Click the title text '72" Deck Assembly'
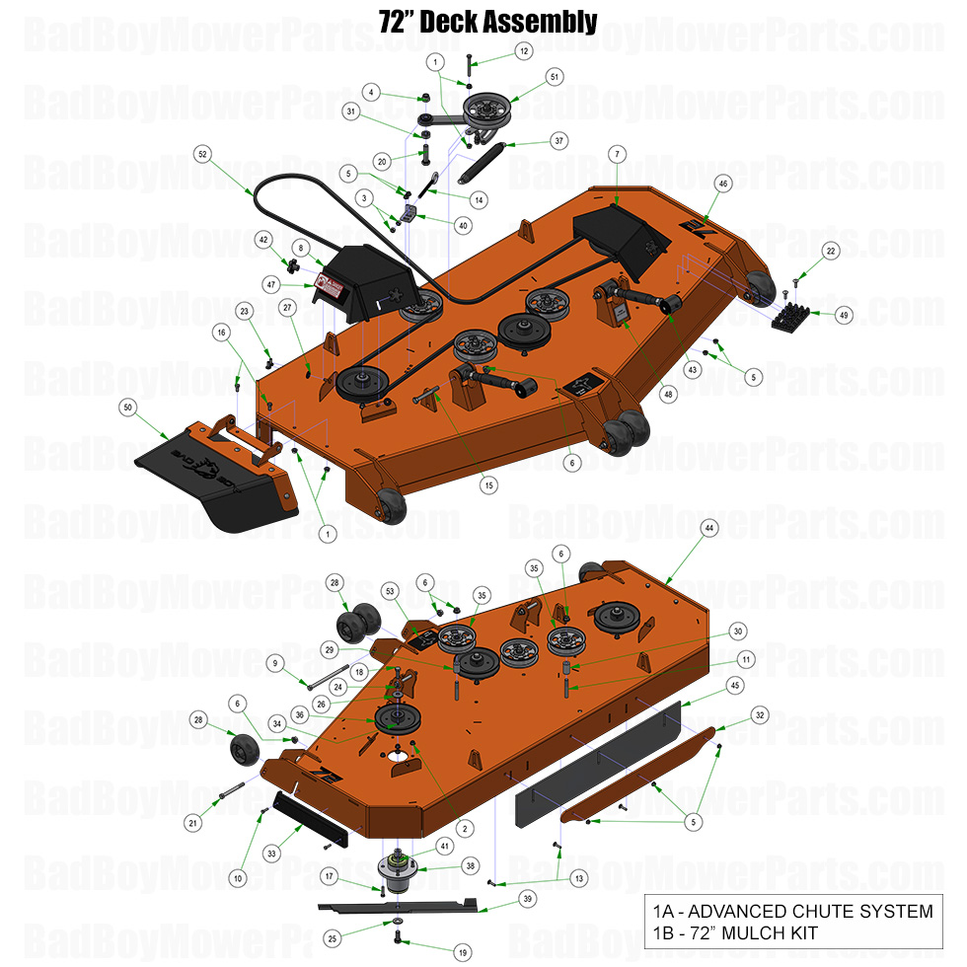click(487, 21)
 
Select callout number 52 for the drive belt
click(202, 155)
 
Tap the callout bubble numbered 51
click(554, 77)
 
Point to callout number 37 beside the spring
click(558, 141)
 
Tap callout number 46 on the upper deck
click(723, 184)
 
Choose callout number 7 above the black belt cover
click(617, 154)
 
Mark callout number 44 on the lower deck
click(707, 529)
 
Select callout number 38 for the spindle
click(470, 865)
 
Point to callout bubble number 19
click(461, 953)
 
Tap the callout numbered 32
click(758, 714)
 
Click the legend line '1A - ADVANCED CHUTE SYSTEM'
click(790, 911)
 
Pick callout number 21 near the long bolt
click(193, 822)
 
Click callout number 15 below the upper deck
click(487, 484)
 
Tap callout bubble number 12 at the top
click(523, 50)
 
